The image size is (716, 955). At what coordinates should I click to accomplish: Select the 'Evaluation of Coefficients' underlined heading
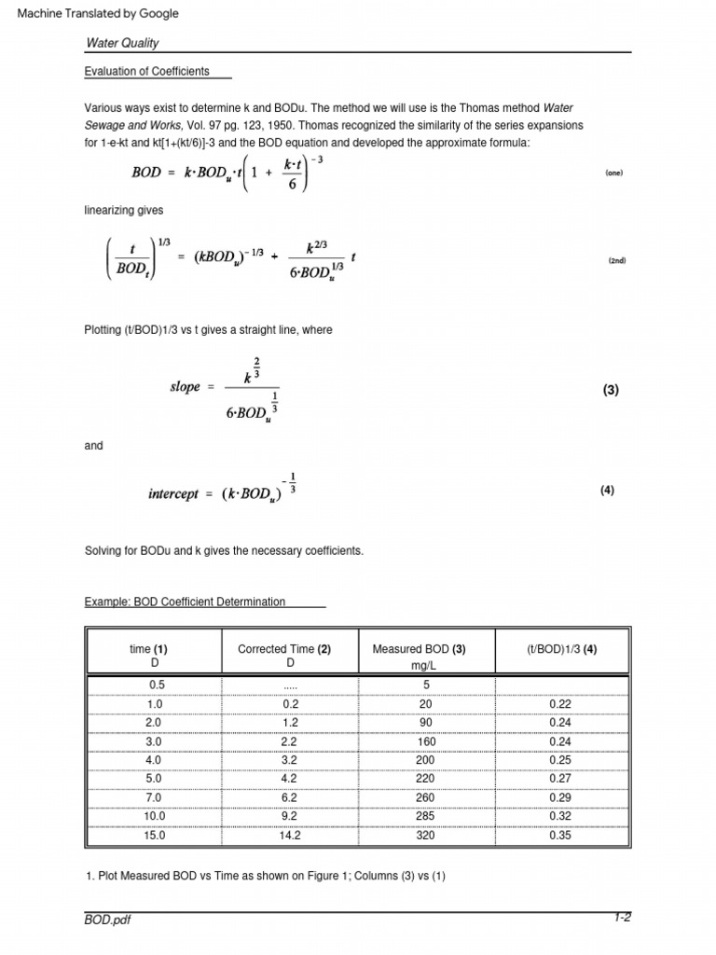(146, 71)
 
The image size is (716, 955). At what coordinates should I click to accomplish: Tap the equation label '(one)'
(613, 173)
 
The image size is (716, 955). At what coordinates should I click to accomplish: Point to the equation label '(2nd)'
(616, 261)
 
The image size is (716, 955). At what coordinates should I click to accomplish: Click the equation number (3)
(611, 392)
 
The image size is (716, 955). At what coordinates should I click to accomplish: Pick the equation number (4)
(607, 491)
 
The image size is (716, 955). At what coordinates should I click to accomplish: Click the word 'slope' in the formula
(185, 387)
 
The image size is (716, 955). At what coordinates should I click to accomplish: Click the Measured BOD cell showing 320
(424, 836)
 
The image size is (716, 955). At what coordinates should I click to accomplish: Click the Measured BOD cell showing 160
(424, 742)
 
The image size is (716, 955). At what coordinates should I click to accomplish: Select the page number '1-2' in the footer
(622, 918)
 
